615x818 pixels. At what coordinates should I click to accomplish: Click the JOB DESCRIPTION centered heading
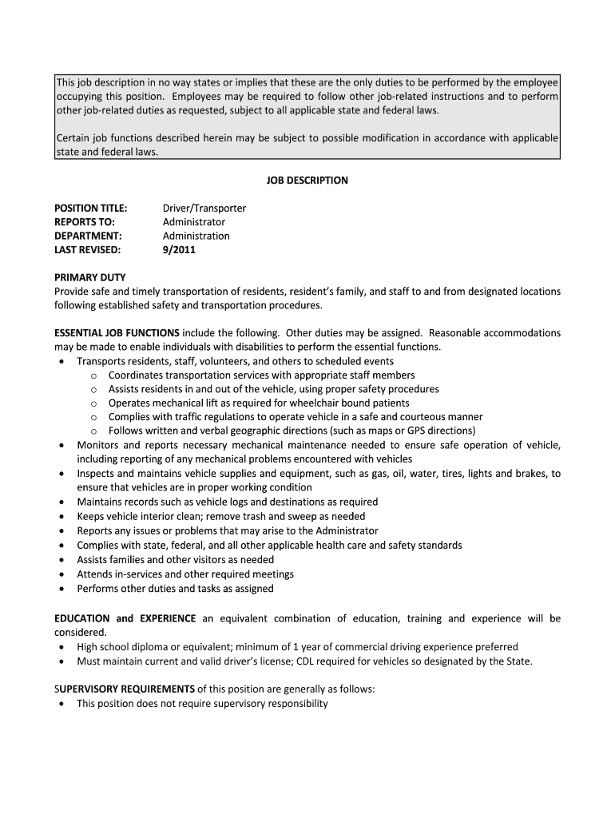tap(307, 181)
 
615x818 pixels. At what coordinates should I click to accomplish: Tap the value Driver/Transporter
tap(204, 208)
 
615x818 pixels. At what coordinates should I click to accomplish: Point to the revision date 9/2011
tap(179, 250)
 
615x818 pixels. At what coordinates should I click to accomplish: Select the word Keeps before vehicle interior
tap(90, 517)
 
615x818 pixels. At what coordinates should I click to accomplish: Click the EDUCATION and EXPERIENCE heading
tap(125, 619)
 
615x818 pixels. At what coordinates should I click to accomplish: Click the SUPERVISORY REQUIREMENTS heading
tap(125, 689)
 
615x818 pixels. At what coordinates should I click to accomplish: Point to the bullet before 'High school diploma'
tap(62, 648)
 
